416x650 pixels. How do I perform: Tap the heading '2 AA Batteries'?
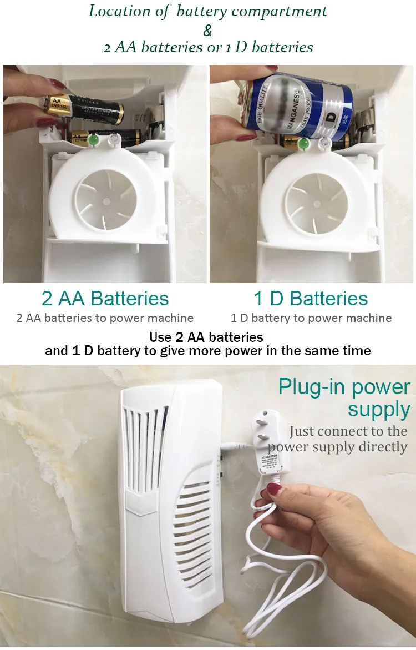105,299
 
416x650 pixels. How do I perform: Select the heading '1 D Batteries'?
311,299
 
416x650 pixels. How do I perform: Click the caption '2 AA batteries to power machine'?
105,318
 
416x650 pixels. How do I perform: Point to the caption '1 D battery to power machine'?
311,318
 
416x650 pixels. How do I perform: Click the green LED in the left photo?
93,140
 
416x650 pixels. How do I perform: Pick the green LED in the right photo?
303,144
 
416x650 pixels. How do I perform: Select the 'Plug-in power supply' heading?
344,398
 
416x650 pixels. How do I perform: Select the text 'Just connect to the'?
348,431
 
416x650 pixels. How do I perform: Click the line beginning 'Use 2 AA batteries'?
206,337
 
